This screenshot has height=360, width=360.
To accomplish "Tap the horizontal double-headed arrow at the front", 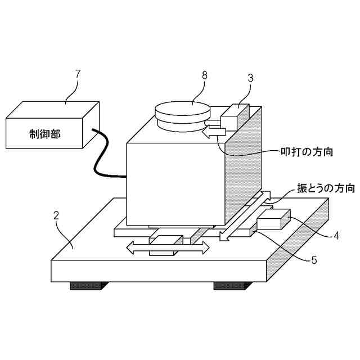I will (x=167, y=247).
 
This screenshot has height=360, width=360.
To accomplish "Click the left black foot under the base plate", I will (x=85, y=286).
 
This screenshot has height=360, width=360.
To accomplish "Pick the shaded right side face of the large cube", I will (x=243, y=169).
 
